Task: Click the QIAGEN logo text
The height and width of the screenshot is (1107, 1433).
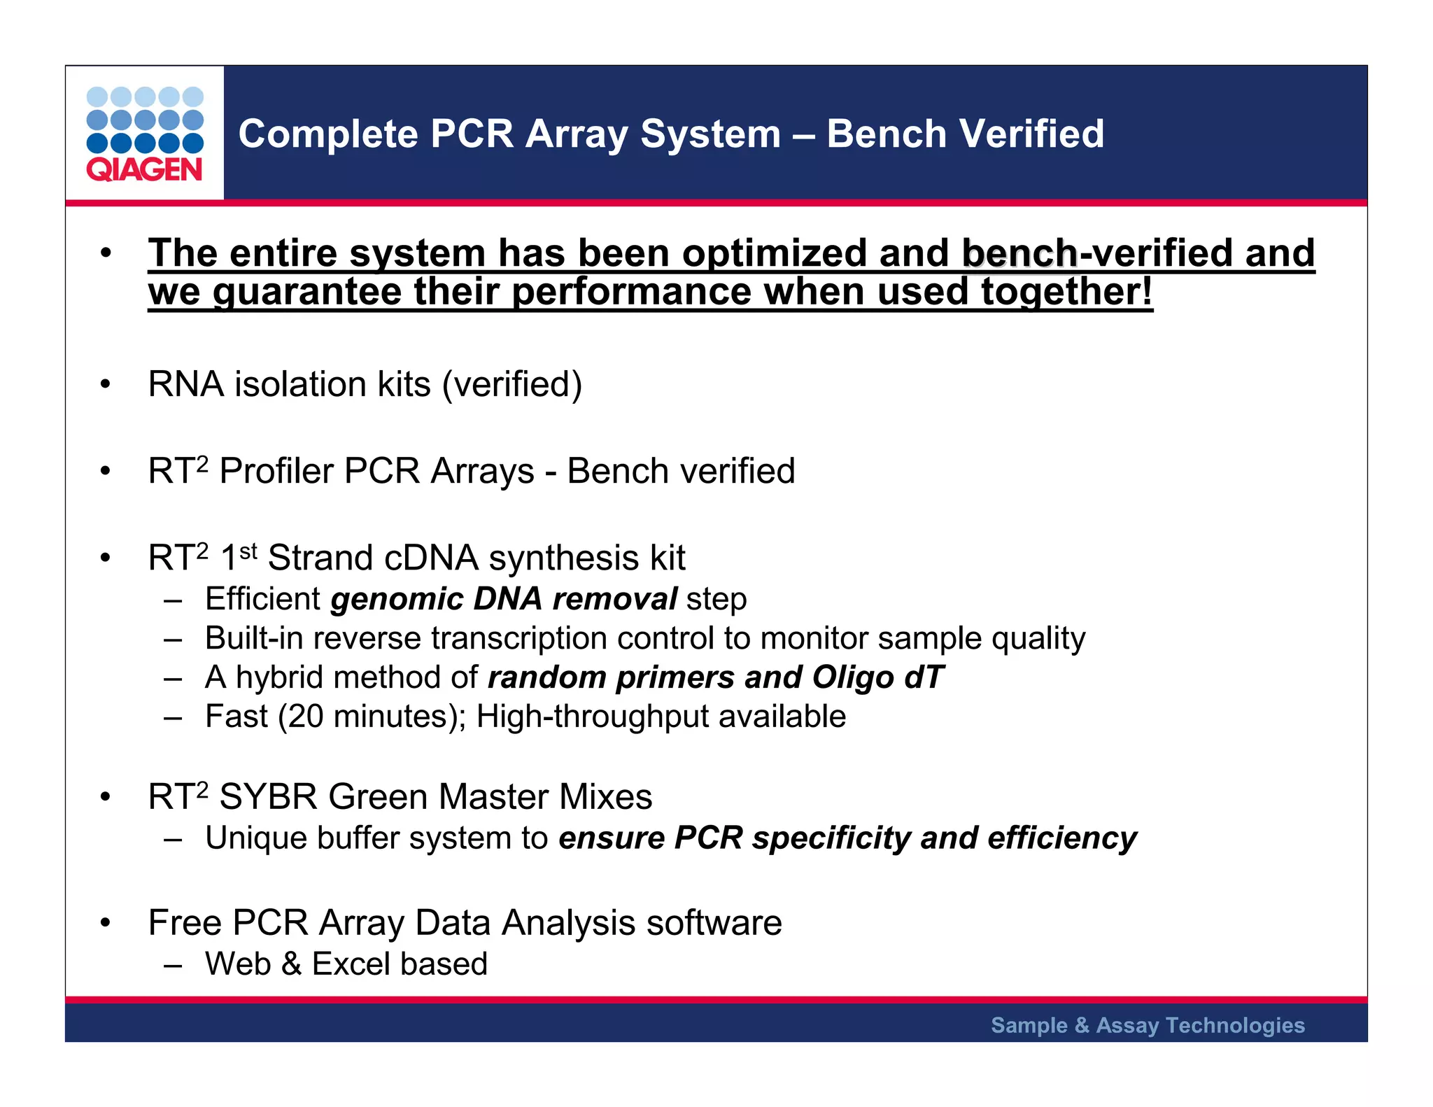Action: click(x=144, y=170)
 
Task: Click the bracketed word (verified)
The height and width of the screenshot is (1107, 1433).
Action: click(x=511, y=384)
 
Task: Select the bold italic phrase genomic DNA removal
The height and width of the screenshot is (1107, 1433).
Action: click(x=504, y=599)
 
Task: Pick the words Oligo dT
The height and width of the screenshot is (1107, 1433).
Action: click(x=878, y=677)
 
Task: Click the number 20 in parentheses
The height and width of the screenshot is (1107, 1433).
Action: click(x=305, y=717)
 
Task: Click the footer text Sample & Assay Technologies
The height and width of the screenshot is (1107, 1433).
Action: click(x=1148, y=1025)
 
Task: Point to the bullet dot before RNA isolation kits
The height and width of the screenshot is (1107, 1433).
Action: click(x=105, y=384)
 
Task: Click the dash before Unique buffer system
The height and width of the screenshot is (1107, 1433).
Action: click(x=173, y=838)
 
